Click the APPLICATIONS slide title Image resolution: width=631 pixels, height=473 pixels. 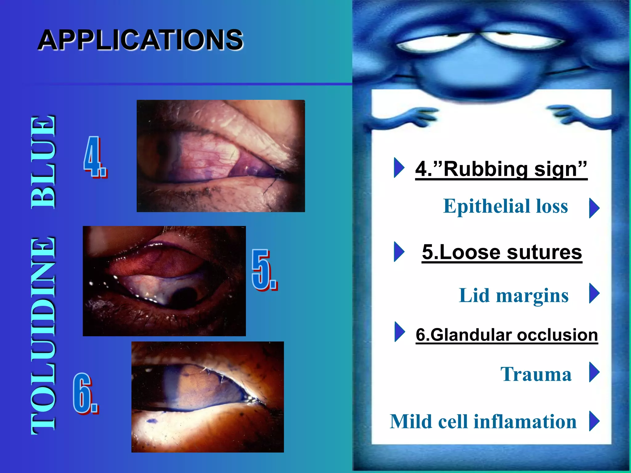click(140, 40)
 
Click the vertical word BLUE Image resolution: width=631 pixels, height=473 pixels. click(43, 162)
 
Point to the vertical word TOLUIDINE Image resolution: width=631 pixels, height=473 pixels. click(43, 336)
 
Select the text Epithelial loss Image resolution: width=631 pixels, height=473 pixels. click(505, 206)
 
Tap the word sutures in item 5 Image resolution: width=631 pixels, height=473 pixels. click(544, 252)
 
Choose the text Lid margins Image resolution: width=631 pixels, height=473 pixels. click(513, 296)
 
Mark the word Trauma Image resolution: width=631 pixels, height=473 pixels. click(536, 374)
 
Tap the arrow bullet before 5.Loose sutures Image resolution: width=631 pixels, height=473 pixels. click(399, 252)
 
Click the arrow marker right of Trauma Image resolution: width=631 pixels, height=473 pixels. click(594, 372)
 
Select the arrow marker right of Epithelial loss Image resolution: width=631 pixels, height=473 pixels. click(594, 208)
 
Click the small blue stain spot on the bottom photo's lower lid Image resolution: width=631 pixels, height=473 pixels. click(151, 421)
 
